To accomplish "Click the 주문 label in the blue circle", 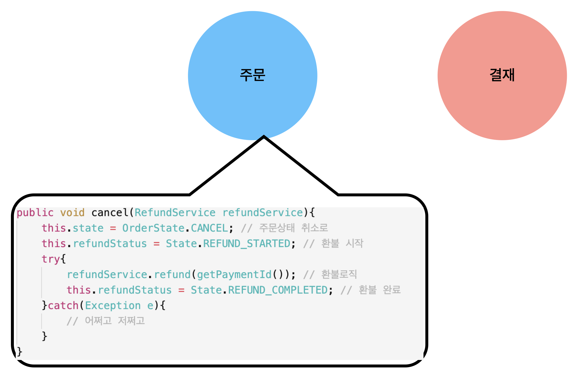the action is tap(252, 75).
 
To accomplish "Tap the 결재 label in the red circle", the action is tap(502, 75).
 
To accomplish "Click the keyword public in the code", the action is tap(35, 213).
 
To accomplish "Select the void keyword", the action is tap(72, 213).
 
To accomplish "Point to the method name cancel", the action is tap(110, 213).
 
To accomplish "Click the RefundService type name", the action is tap(175, 213).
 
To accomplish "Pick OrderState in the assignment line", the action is tap(153, 228).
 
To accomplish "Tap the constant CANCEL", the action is tap(209, 228).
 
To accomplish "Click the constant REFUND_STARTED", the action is tap(247, 244).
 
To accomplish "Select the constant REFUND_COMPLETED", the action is tap(278, 290).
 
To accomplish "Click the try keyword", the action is tap(51, 259).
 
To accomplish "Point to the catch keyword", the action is tap(63, 306).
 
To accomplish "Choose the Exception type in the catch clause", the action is tap(113, 306).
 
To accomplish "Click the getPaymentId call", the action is tap(234, 275).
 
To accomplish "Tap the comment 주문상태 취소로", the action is tap(293, 228).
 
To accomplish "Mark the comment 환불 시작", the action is tap(342, 243).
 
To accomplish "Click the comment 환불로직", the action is tap(339, 274).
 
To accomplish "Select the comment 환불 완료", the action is tap(380, 290).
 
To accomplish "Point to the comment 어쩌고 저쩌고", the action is tap(115, 321).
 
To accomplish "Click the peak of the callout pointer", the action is tap(264, 136).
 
